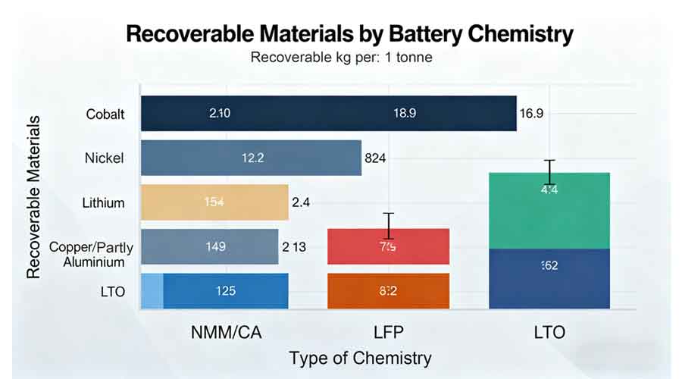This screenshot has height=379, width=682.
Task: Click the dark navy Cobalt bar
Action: coord(328,114)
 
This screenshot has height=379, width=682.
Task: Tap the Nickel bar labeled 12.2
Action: coord(251,158)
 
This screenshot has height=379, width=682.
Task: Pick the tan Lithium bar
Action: coord(214,202)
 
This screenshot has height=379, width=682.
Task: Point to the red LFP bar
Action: coord(388,247)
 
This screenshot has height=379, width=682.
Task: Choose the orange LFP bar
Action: coord(388,291)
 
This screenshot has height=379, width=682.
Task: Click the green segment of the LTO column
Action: coord(549,211)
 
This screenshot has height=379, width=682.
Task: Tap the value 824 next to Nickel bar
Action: coord(376,158)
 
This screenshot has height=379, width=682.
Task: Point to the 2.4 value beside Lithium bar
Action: coord(301,202)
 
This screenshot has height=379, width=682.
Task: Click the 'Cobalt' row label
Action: coord(106,114)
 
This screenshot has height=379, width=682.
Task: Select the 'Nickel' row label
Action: coord(105,158)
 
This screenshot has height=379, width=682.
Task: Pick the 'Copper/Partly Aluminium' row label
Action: coord(86,254)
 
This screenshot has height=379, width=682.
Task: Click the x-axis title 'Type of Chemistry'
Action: coord(360,358)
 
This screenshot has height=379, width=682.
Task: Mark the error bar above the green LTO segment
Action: coord(552,172)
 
